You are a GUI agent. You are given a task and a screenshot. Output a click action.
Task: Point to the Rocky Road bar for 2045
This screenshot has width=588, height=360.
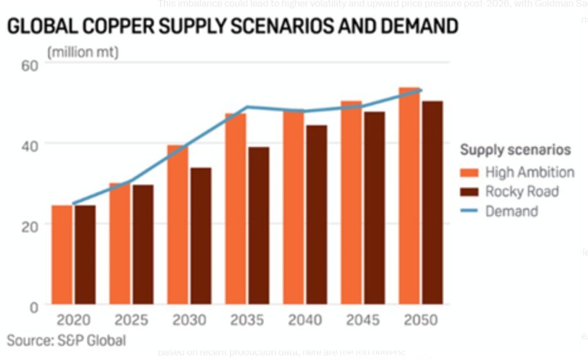click(x=374, y=207)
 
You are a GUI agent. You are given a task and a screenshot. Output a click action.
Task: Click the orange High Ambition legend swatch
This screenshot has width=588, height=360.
click(x=469, y=172)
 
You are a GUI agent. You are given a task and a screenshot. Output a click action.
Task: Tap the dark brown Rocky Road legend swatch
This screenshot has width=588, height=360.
click(x=469, y=192)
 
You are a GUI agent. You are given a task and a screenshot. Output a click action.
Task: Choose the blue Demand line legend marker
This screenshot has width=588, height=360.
click(x=469, y=211)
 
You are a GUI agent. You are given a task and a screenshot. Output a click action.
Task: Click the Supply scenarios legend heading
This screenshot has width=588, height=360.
click(x=515, y=150)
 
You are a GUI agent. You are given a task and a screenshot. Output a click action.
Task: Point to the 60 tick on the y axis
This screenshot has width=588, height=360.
click(x=30, y=64)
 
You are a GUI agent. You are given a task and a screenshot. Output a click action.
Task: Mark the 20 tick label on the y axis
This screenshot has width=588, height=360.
click(x=30, y=225)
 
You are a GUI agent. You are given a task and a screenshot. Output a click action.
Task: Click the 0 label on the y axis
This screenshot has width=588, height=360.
click(x=34, y=306)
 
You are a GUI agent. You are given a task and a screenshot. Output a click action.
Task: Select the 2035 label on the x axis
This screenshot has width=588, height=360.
click(x=247, y=320)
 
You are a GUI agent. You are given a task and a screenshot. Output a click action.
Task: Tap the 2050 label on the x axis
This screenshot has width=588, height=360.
click(x=420, y=320)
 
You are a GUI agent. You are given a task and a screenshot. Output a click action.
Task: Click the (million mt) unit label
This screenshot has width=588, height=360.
click(x=83, y=53)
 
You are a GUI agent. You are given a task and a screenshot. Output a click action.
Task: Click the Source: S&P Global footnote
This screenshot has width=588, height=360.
click(x=66, y=340)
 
